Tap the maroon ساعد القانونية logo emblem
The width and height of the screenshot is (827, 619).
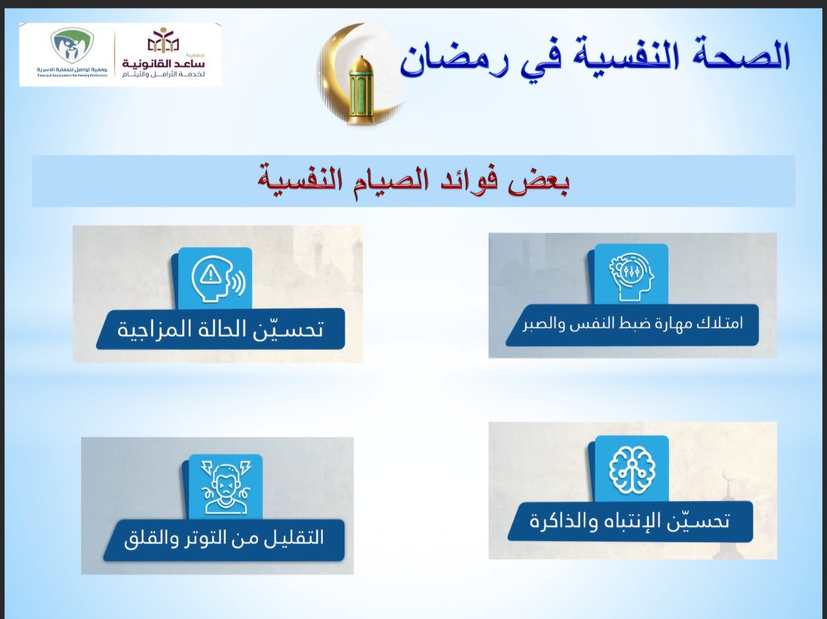coord(163,42)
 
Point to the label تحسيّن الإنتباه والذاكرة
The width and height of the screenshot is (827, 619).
coord(630,522)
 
